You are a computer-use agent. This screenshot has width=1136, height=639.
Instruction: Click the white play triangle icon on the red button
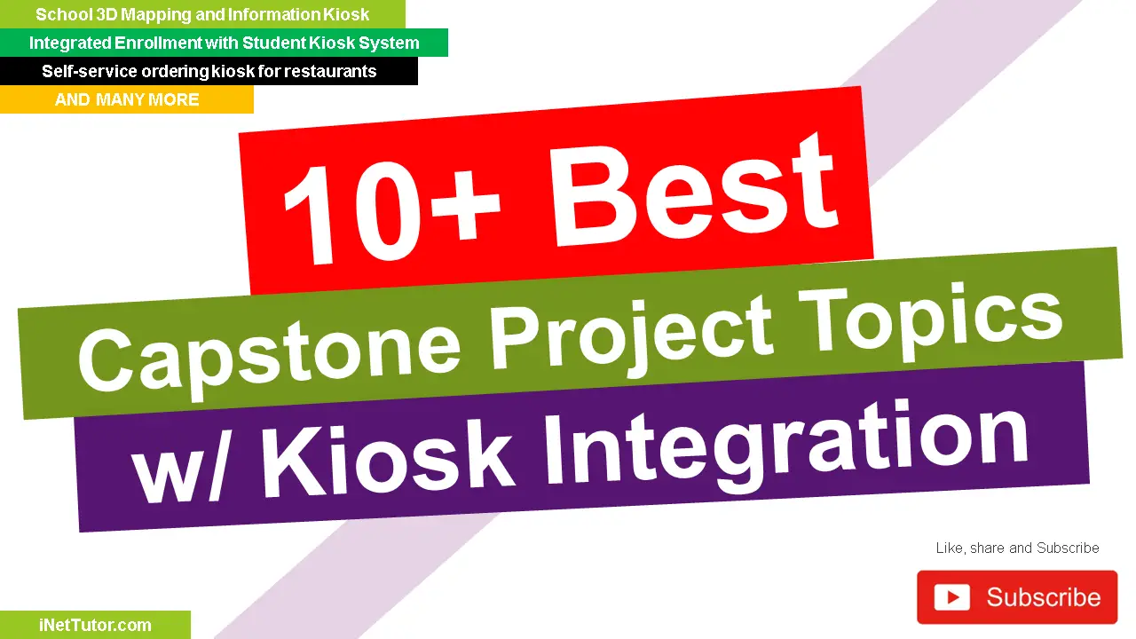coord(952,597)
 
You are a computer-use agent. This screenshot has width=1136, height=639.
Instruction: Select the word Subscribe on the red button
coord(1044,597)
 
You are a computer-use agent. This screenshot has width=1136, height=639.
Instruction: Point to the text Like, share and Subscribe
coord(1017,548)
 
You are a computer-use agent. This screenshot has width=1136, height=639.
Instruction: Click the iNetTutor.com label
coord(95,625)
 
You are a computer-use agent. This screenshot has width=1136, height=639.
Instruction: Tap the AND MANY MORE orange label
coord(127,99)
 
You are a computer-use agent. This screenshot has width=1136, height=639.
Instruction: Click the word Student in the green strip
coord(272,43)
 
